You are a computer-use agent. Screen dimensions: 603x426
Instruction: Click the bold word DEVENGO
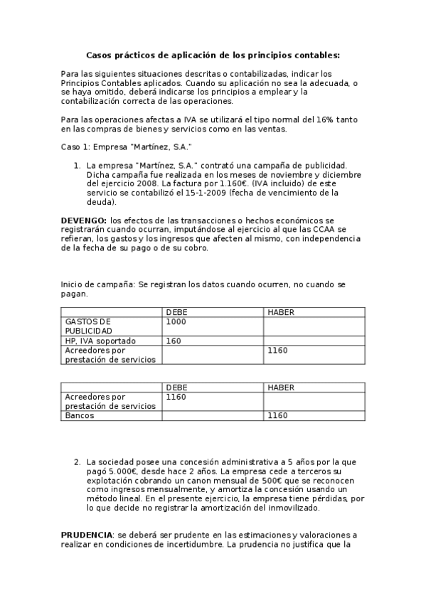pos(84,220)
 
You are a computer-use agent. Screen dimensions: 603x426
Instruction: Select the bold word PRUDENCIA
pos(86,534)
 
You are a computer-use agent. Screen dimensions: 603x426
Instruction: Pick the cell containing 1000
pos(175,321)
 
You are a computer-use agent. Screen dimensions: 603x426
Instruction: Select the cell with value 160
pos(173,341)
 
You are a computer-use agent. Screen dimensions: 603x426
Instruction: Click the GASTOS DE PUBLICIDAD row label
pos(88,326)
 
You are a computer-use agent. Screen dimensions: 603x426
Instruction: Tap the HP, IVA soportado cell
pos(100,341)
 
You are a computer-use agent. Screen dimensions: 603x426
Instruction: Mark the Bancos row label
pos(80,415)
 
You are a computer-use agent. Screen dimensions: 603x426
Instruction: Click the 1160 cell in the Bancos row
pos(277,415)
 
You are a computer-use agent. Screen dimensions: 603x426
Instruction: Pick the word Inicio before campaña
pos(73,284)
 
